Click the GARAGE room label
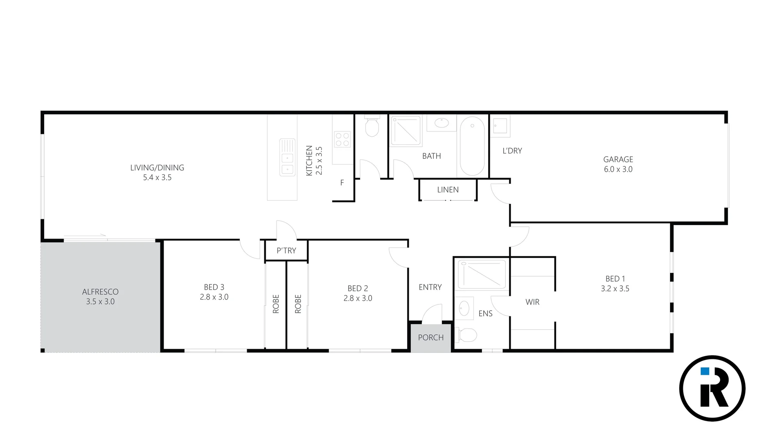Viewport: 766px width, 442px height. (x=618, y=159)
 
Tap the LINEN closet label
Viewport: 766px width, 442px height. (x=448, y=190)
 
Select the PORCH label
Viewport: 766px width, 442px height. (x=430, y=338)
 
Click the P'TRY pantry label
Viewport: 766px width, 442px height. (x=286, y=251)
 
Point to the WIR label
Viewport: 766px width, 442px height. (x=532, y=302)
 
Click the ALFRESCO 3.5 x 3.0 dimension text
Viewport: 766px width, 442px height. (x=100, y=302)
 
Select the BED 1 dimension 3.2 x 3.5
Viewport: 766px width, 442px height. (x=615, y=289)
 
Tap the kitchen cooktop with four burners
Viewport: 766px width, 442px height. (x=342, y=139)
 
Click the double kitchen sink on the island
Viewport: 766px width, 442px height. (x=287, y=158)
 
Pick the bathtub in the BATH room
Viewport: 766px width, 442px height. (x=472, y=146)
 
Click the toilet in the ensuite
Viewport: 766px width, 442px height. (x=466, y=335)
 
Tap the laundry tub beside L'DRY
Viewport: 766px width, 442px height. (x=500, y=126)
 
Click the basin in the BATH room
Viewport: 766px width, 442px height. (x=441, y=123)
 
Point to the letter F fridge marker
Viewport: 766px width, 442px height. (x=342, y=183)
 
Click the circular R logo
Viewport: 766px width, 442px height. (x=712, y=388)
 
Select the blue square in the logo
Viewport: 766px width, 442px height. (x=705, y=371)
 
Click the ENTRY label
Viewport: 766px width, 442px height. (x=430, y=287)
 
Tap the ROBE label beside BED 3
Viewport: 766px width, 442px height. (x=276, y=304)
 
